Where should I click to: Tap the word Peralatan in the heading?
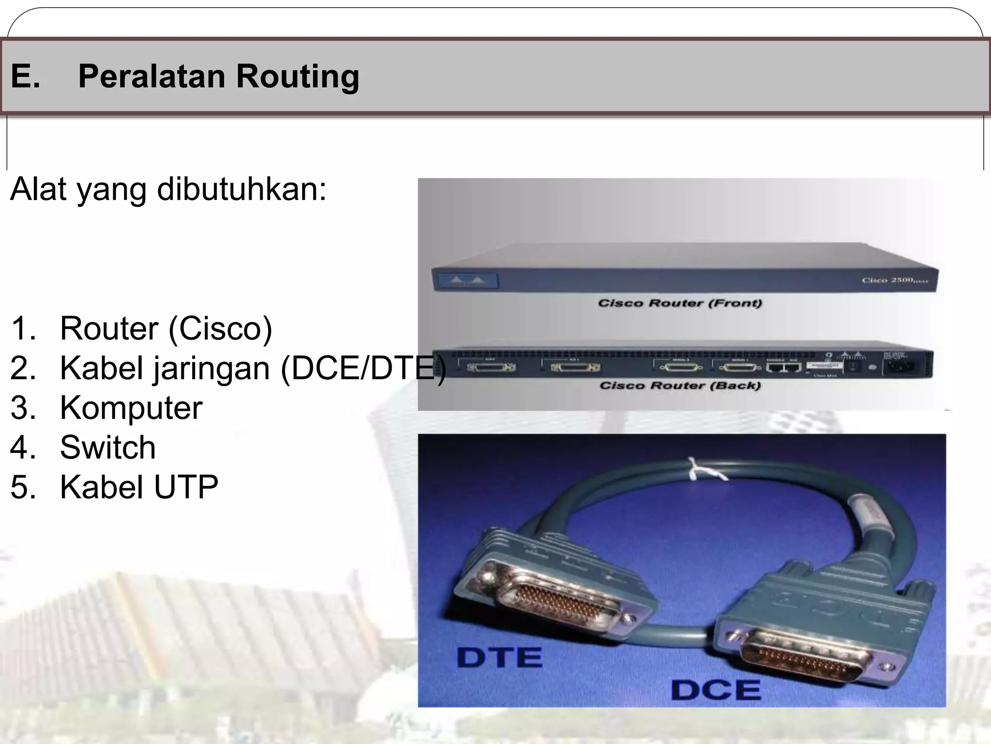tap(151, 77)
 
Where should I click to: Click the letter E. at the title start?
tap(25, 77)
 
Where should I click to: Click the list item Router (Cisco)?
tap(166, 328)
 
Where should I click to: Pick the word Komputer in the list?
tap(131, 408)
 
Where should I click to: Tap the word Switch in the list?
tap(108, 447)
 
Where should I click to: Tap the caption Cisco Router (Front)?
tap(679, 304)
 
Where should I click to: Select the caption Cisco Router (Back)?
tap(679, 386)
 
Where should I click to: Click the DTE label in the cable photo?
tap(499, 658)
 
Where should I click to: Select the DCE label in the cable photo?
tap(715, 690)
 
